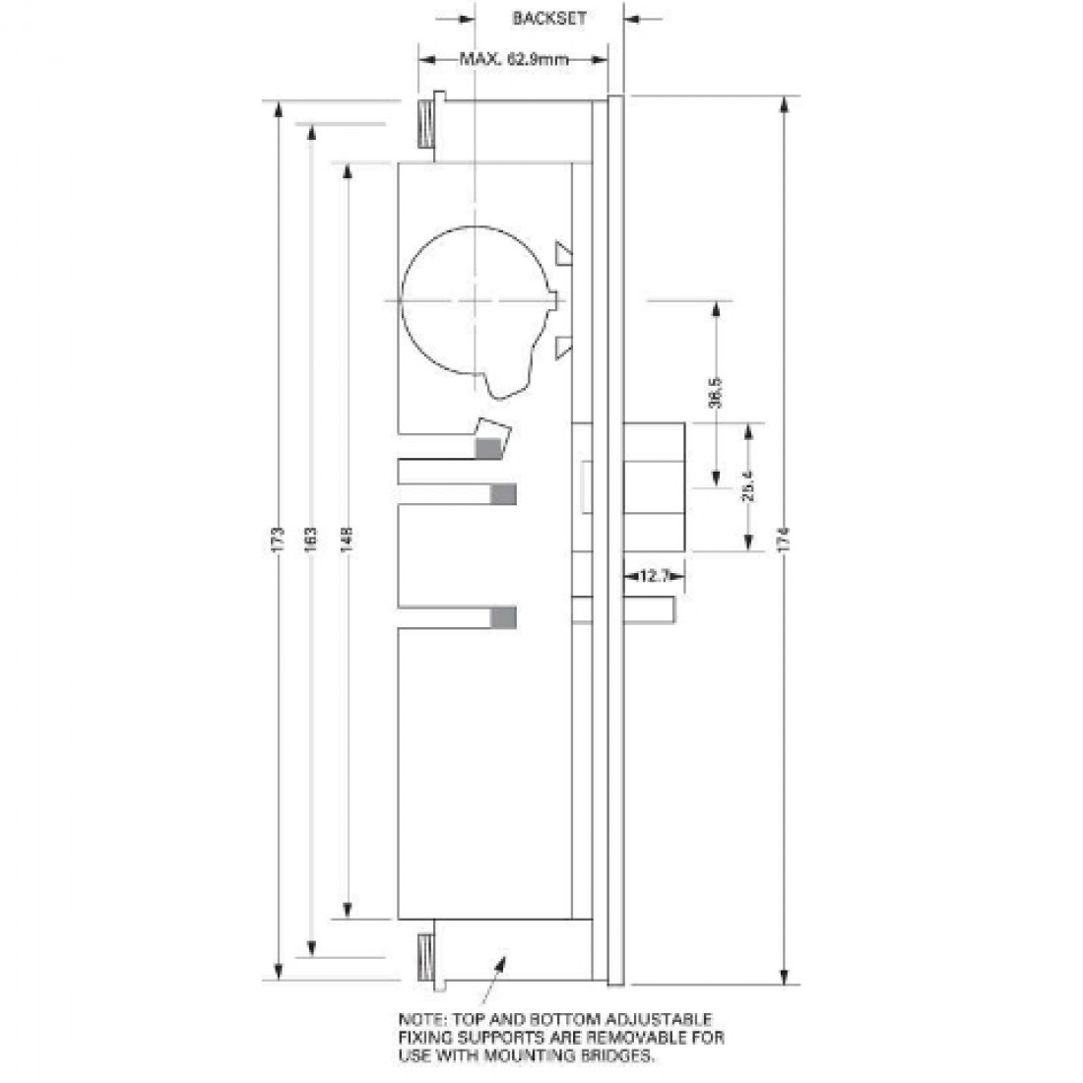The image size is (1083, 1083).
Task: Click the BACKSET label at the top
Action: (549, 18)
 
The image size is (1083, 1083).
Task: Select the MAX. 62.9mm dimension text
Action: (514, 59)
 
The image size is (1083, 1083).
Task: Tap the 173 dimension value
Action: (279, 539)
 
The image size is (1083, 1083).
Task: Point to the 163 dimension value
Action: (310, 539)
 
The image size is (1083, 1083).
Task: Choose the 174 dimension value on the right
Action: (784, 539)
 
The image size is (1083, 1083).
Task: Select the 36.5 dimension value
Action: (717, 392)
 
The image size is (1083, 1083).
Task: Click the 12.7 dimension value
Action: (655, 577)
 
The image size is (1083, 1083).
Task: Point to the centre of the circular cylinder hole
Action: (474, 299)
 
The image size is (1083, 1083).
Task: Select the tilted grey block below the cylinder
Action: (489, 440)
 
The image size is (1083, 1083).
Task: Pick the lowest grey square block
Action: (503, 617)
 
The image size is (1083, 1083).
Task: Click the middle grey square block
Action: (503, 493)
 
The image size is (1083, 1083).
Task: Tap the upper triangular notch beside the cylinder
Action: (564, 255)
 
